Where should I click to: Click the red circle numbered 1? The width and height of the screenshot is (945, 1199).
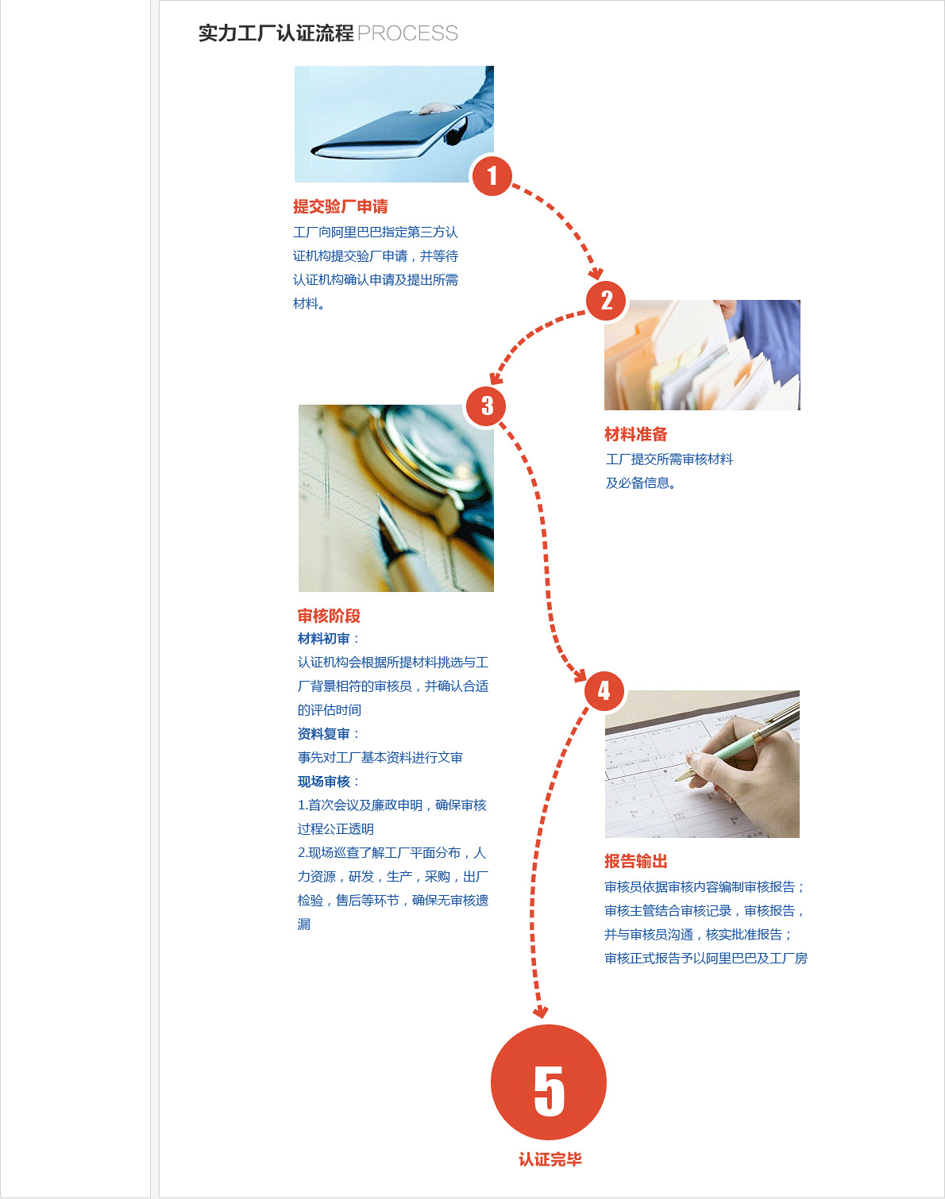pyautogui.click(x=492, y=176)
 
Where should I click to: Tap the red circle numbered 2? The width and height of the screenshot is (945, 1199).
pyautogui.click(x=606, y=301)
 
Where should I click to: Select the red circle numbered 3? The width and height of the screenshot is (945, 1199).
pyautogui.click(x=486, y=405)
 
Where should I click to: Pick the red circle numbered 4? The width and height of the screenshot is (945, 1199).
pyautogui.click(x=604, y=691)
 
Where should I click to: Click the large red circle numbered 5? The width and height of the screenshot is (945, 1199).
pyautogui.click(x=549, y=1082)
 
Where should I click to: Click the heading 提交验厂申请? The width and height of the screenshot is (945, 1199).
pyautogui.click(x=341, y=206)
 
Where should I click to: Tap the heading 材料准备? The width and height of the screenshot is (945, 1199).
pyautogui.click(x=636, y=434)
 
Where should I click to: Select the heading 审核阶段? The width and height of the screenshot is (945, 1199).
pyautogui.click(x=329, y=616)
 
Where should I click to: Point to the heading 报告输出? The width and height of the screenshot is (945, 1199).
pyautogui.click(x=636, y=862)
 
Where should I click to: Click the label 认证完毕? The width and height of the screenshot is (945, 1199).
pyautogui.click(x=550, y=1159)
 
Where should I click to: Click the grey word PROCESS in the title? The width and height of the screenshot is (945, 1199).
pyautogui.click(x=407, y=33)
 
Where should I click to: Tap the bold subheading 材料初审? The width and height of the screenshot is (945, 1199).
pyautogui.click(x=323, y=639)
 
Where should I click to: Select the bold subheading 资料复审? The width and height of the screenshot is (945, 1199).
pyautogui.click(x=323, y=734)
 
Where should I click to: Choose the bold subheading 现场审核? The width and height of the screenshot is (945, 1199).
pyautogui.click(x=323, y=782)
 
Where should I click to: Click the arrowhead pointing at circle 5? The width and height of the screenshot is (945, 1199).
pyautogui.click(x=540, y=1012)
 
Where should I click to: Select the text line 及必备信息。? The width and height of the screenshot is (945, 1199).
pyautogui.click(x=641, y=483)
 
